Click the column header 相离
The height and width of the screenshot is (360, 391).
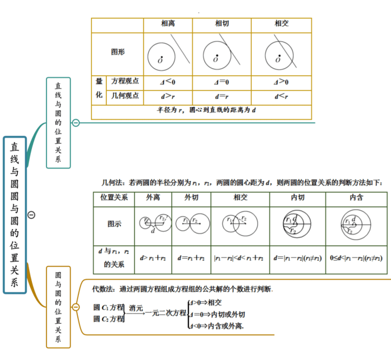pos(168,24)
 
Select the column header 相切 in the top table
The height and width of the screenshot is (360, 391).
pos(222,24)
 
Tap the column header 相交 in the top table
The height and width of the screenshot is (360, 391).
pos(281,24)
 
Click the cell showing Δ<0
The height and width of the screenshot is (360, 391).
pos(168,82)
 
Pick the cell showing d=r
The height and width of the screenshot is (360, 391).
pos(222,96)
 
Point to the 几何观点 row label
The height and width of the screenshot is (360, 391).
pos(125,96)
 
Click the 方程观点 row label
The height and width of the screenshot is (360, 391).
pos(125,82)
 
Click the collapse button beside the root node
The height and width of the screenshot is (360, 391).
pos(32,215)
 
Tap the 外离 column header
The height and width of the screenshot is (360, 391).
pos(153,198)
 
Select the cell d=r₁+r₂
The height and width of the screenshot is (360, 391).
pos(191,258)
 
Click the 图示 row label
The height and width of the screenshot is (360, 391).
pos(114,223)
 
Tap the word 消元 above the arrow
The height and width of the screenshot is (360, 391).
pos(136,307)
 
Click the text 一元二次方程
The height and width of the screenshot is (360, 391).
pos(166,314)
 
